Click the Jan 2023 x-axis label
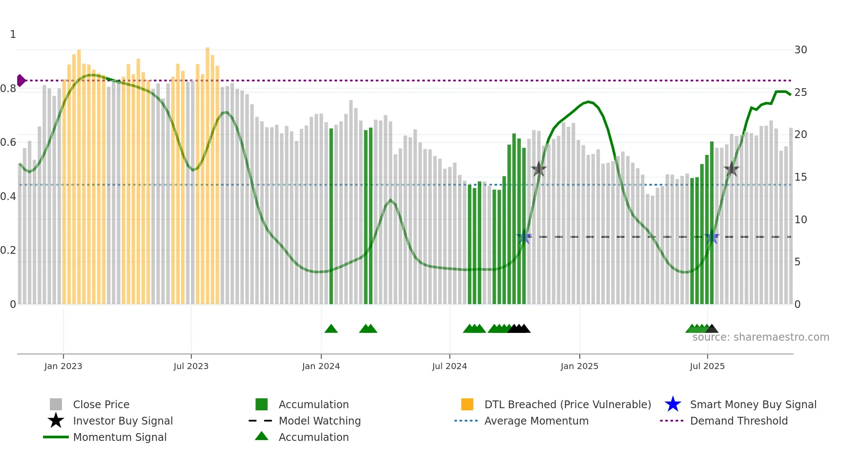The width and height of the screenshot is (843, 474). (x=63, y=366)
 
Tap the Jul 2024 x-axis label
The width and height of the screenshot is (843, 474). (x=449, y=366)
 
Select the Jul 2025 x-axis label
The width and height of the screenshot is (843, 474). (x=707, y=366)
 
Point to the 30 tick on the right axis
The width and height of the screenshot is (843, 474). (x=800, y=50)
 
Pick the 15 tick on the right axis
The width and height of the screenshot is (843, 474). (x=800, y=177)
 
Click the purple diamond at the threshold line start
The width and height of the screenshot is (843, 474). (x=21, y=80)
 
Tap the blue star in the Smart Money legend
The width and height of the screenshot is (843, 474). (x=673, y=404)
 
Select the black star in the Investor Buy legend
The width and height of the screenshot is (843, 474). (x=56, y=421)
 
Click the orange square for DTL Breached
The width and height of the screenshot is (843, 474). (x=467, y=404)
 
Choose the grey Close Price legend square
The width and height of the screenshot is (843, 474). (x=56, y=404)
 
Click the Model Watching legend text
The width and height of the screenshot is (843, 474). (x=320, y=421)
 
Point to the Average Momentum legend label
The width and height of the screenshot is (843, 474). (x=536, y=421)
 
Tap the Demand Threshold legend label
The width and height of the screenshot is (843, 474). (x=738, y=421)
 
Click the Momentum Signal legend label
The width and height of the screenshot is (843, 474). (x=120, y=437)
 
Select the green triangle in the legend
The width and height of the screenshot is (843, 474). (x=262, y=436)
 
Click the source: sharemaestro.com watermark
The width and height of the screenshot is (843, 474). (x=760, y=337)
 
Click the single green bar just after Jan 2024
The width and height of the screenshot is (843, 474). (x=331, y=215)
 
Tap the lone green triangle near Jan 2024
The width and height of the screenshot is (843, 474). (x=331, y=329)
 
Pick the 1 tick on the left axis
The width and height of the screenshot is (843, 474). (x=13, y=34)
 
